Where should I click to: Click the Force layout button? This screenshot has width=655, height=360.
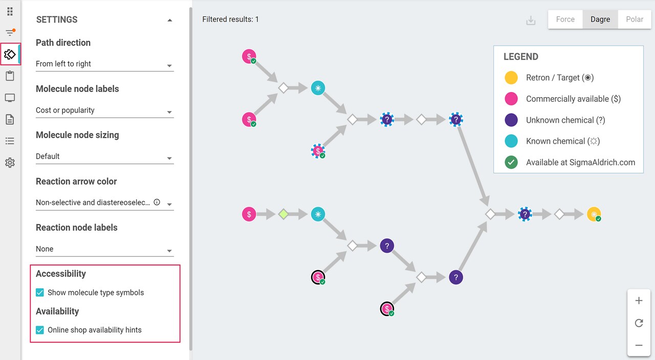[565, 19]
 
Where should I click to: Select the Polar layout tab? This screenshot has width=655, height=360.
[635, 19]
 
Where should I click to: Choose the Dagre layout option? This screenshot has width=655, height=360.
[600, 19]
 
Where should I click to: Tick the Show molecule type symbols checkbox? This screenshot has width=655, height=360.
[40, 292]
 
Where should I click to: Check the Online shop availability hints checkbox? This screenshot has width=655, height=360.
[40, 330]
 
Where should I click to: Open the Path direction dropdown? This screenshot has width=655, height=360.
[105, 64]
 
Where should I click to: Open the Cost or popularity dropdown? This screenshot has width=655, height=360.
[105, 110]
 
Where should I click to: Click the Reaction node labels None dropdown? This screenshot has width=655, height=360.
[105, 249]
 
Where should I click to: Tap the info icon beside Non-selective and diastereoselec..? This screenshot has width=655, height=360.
[157, 202]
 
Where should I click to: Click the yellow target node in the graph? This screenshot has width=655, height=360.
[594, 214]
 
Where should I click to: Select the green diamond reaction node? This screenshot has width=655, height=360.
[283, 214]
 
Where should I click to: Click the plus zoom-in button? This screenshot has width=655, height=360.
[639, 300]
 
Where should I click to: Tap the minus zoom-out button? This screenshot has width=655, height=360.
[639, 345]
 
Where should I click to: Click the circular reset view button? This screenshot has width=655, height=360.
[639, 323]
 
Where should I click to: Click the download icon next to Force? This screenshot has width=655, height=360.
[531, 20]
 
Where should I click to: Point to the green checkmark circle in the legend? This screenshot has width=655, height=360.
[511, 162]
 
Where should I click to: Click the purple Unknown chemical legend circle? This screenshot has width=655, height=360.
[511, 120]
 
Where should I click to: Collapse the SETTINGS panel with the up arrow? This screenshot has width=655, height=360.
[169, 20]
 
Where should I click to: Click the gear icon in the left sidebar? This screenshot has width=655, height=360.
[10, 163]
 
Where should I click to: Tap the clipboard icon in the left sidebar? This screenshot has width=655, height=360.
[10, 76]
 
